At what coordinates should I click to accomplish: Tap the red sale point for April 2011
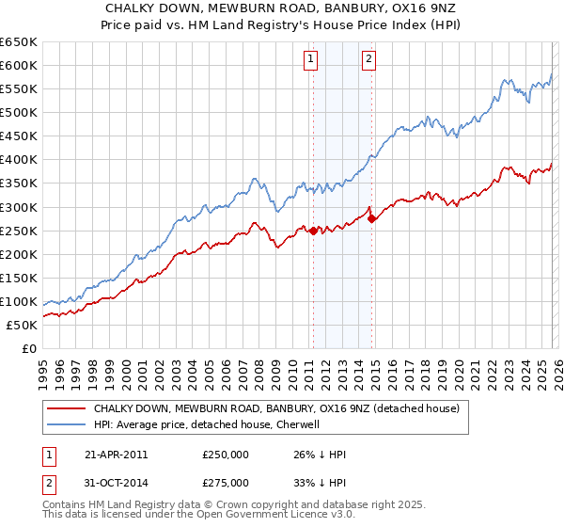click(x=313, y=230)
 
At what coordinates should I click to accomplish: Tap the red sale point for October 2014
click(x=372, y=218)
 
